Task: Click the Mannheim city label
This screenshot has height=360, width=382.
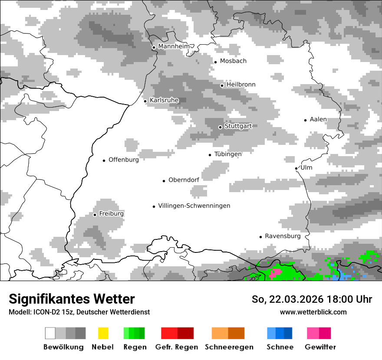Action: [174, 46]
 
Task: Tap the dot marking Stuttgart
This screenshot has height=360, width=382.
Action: [220, 127]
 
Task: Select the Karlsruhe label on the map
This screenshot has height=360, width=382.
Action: [164, 100]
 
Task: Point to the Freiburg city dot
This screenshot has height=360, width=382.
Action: [95, 215]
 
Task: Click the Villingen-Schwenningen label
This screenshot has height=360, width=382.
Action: [194, 206]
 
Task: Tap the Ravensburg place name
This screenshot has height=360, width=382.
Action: [283, 236]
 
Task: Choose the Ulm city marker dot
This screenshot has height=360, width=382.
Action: [296, 168]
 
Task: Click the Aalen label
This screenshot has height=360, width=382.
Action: [318, 119]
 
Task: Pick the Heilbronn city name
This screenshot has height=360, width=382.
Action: [241, 85]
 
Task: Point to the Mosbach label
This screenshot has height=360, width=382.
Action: [233, 61]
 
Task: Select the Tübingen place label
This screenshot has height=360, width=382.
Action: [228, 154]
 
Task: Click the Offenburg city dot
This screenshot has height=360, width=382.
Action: [104, 160]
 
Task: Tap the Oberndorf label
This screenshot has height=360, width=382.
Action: [184, 180]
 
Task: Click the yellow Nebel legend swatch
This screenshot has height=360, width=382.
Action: [103, 333]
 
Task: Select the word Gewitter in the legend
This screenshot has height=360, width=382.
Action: [320, 347]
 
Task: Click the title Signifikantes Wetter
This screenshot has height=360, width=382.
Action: [72, 299]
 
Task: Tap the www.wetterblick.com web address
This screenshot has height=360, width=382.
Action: [313, 312]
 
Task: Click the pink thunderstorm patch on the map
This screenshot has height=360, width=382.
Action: [275, 273]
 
